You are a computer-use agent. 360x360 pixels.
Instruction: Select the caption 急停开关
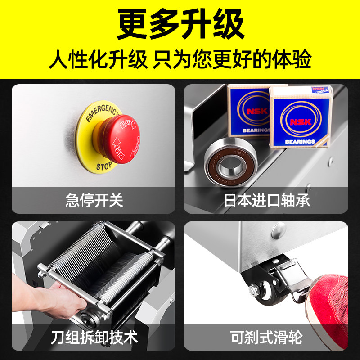click(94, 200)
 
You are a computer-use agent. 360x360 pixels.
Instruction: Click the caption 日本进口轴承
click(267, 200)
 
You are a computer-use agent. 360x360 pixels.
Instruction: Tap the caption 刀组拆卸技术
click(94, 337)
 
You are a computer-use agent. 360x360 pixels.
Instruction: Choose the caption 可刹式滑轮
click(267, 337)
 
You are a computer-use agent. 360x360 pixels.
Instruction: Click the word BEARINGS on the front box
click(299, 142)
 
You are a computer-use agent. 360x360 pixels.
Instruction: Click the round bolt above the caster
click(279, 231)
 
